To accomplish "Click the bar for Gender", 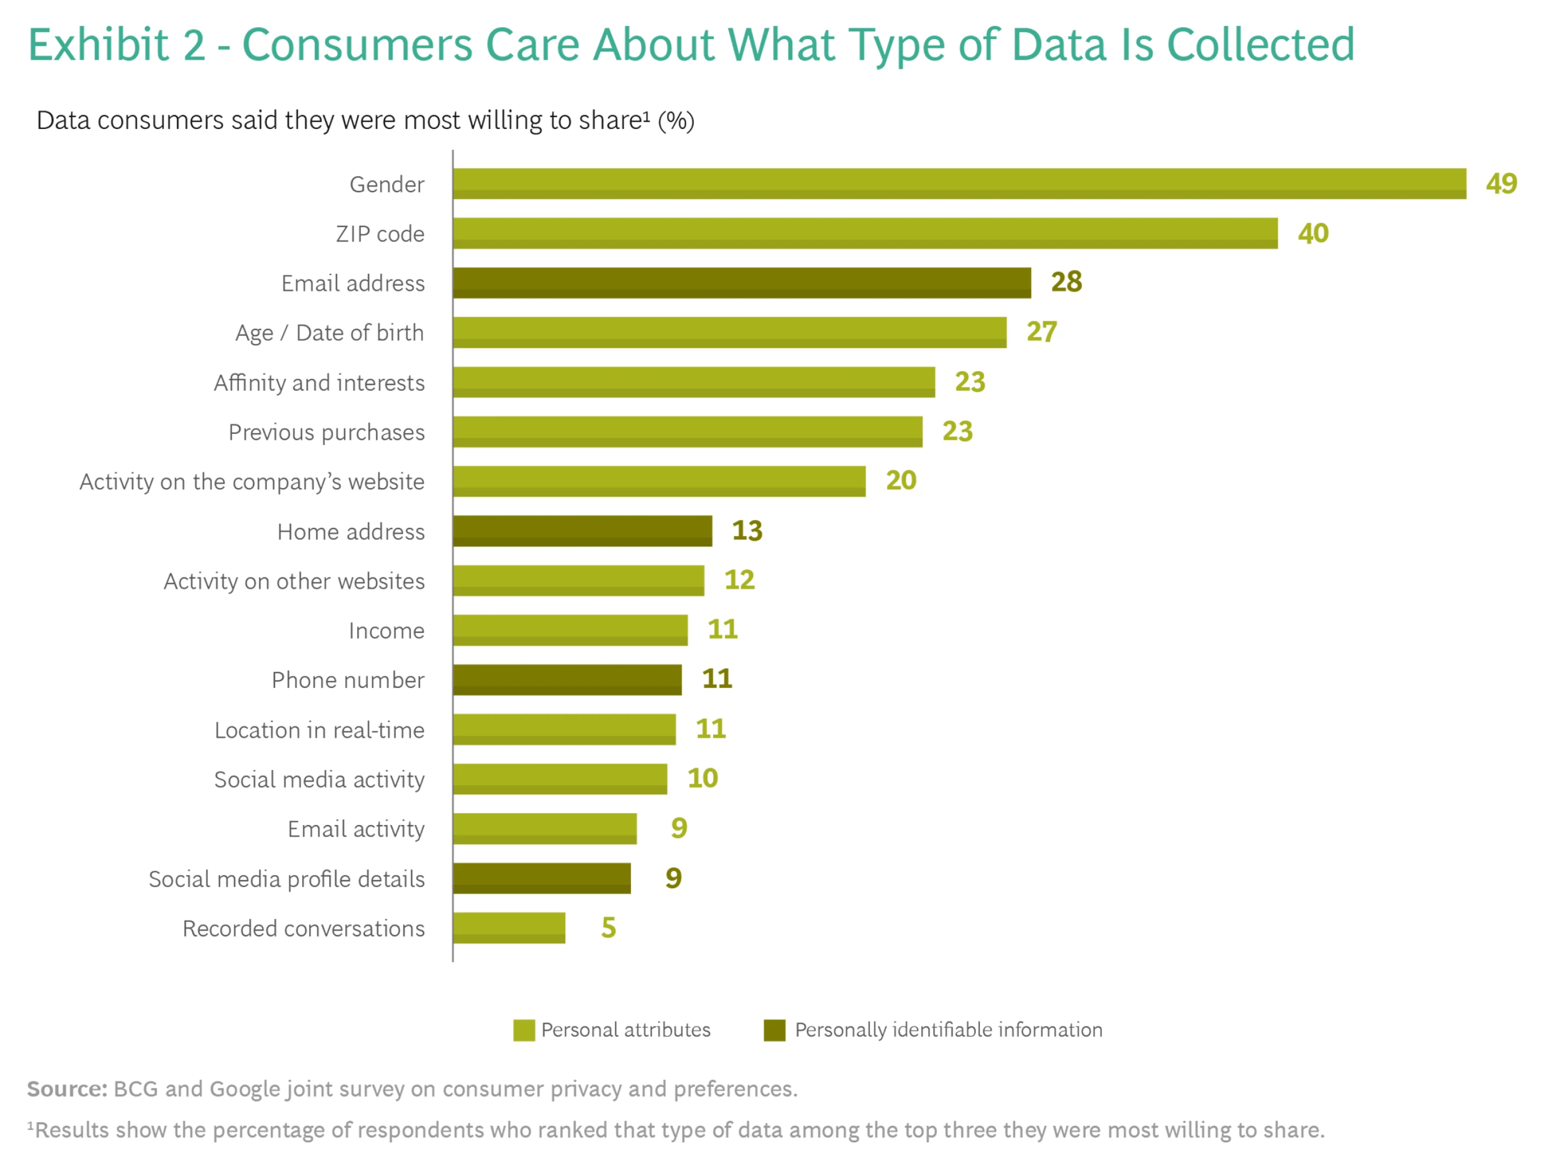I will [959, 183].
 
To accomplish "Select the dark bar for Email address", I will [742, 282].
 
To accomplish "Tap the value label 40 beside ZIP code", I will [1313, 233].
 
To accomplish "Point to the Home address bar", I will [583, 531].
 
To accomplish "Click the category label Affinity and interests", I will [319, 382].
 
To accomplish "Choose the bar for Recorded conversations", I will [509, 928].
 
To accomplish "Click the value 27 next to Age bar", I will [1042, 332].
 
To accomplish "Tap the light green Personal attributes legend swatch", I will [524, 1030].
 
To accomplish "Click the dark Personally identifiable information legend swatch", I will [774, 1030].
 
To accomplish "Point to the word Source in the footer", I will [66, 1088].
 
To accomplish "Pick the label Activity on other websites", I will [294, 581].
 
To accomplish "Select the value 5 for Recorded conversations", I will [608, 928].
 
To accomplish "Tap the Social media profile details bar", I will [542, 878].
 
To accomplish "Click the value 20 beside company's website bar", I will [901, 481].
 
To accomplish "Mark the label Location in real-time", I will [319, 730].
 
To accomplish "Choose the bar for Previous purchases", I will [688, 432].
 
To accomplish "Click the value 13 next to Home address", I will [747, 531].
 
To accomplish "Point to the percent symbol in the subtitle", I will [676, 121].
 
